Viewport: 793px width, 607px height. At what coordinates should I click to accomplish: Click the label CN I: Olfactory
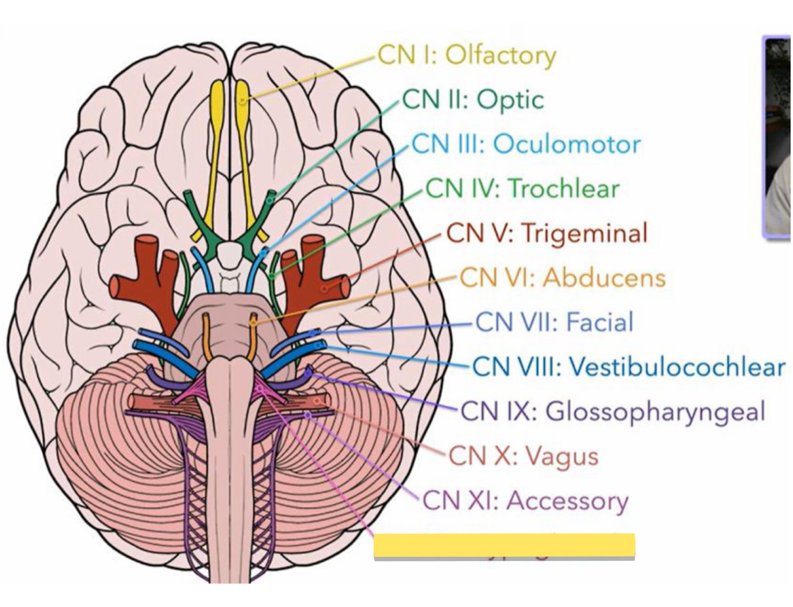coord(467,55)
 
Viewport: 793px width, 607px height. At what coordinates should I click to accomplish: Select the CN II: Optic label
coord(473,100)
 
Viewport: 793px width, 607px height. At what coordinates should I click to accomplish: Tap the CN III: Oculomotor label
coord(526,144)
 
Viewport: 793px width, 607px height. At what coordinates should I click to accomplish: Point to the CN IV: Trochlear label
coord(522,189)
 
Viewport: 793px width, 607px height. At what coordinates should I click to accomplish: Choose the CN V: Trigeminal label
coord(547,233)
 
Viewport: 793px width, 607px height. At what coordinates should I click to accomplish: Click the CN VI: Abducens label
coord(562,278)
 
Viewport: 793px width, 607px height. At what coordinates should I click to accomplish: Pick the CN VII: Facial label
coord(554,322)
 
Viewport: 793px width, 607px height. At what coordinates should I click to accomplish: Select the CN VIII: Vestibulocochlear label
coord(628,367)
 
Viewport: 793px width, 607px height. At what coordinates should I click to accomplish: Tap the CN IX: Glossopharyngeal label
coord(613,412)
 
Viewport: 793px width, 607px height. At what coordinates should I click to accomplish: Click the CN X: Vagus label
coord(524,456)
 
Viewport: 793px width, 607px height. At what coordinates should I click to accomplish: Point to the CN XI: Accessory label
coord(525,500)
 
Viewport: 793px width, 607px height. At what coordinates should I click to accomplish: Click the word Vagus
coord(562,456)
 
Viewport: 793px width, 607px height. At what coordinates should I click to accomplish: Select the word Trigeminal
coord(585,233)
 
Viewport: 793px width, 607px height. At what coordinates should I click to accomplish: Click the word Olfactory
coord(500,56)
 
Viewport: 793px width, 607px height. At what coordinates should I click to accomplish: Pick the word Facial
coord(600,322)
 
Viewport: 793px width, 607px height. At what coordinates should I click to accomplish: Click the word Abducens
coord(604,278)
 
